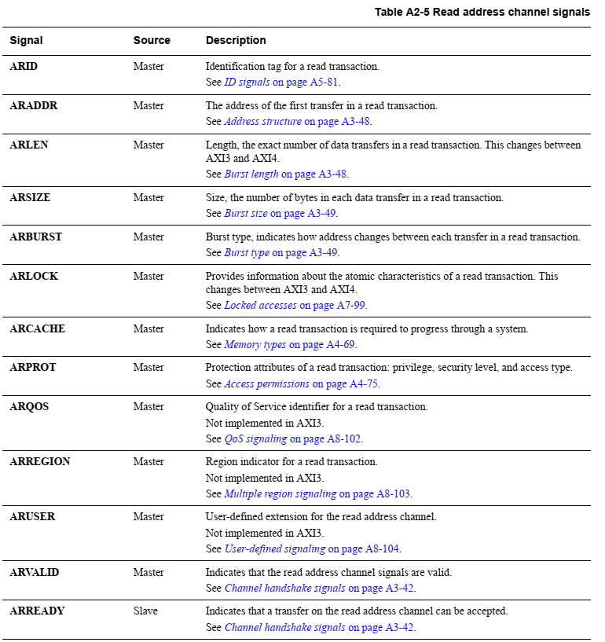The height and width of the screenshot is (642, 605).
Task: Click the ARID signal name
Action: click(x=24, y=67)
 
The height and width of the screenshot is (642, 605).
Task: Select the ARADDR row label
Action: click(x=34, y=106)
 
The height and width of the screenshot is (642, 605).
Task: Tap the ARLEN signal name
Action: click(x=29, y=145)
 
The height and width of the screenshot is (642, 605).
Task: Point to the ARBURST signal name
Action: click(x=36, y=237)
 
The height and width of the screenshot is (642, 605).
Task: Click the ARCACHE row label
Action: click(x=37, y=329)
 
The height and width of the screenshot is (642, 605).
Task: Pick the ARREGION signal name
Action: click(x=40, y=462)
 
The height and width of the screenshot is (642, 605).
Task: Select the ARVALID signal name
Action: click(x=36, y=573)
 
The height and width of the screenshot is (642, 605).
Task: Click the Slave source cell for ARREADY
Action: click(x=145, y=611)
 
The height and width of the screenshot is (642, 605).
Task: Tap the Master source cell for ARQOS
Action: click(x=148, y=407)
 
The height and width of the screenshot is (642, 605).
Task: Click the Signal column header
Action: click(x=27, y=40)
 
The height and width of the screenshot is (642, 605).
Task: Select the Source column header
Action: click(x=152, y=40)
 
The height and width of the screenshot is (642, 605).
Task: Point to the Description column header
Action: click(x=236, y=40)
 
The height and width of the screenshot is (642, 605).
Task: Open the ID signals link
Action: click(x=247, y=82)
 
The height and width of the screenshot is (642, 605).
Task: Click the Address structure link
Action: click(x=262, y=122)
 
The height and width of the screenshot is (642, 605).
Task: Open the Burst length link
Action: click(x=251, y=174)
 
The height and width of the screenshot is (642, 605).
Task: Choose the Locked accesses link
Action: click(x=260, y=306)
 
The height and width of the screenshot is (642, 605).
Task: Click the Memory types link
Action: click(x=255, y=345)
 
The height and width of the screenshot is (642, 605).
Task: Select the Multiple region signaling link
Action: click(x=280, y=494)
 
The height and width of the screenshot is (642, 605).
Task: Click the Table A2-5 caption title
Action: click(x=482, y=12)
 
